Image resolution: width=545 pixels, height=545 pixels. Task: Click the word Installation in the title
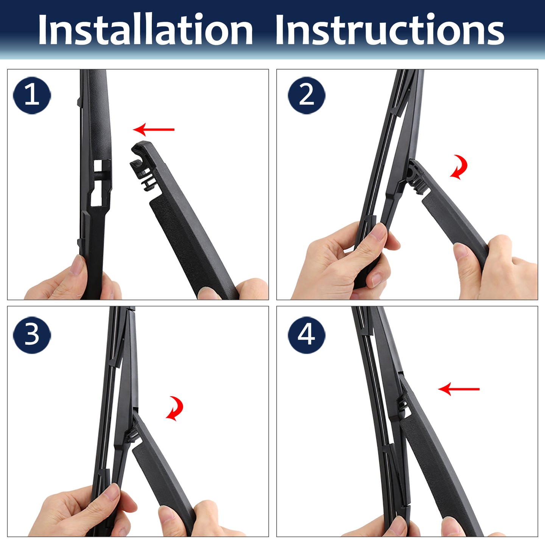click(x=145, y=30)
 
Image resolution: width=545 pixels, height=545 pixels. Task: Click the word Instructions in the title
click(x=390, y=30)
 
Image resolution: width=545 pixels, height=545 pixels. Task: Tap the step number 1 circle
click(x=32, y=95)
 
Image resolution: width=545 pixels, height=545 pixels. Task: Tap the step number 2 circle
click(x=307, y=95)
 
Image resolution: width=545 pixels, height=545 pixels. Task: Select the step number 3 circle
click(x=32, y=335)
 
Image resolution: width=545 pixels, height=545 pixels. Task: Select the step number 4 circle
click(x=307, y=335)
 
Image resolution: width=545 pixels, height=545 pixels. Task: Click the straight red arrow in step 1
click(x=154, y=129)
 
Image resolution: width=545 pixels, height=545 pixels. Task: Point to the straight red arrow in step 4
click(x=459, y=389)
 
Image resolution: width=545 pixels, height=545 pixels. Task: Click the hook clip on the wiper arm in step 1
click(x=143, y=166)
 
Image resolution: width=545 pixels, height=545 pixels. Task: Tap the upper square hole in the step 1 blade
click(x=98, y=166)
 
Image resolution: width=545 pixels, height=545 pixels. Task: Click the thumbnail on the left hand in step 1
click(x=77, y=265)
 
